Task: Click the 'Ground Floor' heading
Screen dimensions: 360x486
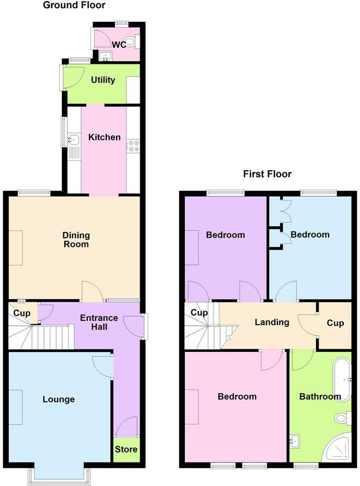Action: click(x=74, y=5)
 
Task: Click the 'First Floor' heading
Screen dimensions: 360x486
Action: click(x=267, y=174)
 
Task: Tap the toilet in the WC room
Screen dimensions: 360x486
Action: click(x=133, y=41)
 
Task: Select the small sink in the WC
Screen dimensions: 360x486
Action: click(x=106, y=56)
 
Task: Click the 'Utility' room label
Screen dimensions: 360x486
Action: click(x=103, y=80)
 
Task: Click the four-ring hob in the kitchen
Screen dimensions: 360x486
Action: click(x=133, y=146)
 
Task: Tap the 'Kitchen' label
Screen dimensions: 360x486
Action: click(x=105, y=137)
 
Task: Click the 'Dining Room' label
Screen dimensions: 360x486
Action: click(x=76, y=239)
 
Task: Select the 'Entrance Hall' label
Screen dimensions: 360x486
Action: click(x=99, y=322)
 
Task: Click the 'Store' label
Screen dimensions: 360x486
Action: click(x=126, y=449)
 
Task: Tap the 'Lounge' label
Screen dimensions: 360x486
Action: click(x=59, y=399)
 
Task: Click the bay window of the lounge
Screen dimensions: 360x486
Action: click(x=59, y=475)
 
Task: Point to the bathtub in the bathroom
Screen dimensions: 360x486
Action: click(x=342, y=380)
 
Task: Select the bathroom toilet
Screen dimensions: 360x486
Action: click(x=343, y=418)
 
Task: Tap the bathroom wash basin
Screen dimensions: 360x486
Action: click(x=295, y=441)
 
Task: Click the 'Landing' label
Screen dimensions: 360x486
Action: click(x=272, y=323)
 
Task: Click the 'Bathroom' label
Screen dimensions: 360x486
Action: click(x=320, y=396)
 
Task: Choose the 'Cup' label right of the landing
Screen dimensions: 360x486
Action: click(x=335, y=323)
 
